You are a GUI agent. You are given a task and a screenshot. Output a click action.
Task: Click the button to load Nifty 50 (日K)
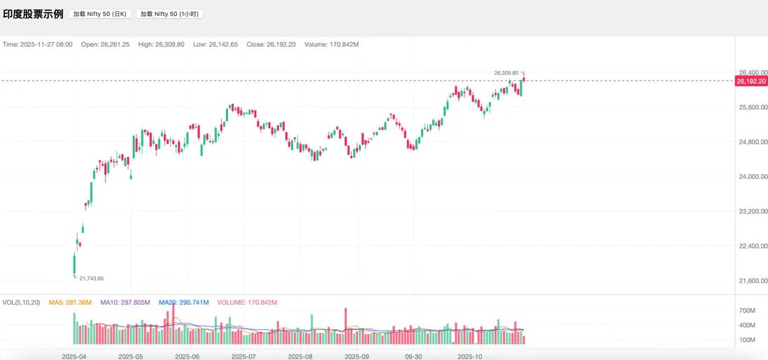pos(100,14)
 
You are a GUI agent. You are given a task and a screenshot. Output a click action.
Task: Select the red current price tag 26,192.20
pos(752,81)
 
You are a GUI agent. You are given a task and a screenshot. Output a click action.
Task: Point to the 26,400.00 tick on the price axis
pos(753,73)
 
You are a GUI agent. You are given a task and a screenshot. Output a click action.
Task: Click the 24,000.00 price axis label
pos(753,177)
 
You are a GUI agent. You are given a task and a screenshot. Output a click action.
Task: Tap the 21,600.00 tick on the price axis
pos(753,281)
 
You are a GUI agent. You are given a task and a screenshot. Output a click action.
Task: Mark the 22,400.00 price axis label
pos(753,246)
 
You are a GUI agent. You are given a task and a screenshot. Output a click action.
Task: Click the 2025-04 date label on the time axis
pos(73,356)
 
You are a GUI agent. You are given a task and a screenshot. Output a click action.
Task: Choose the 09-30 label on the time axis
pos(413,356)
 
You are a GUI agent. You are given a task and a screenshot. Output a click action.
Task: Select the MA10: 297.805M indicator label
pos(125,303)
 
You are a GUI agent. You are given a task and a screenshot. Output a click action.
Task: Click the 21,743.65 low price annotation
pos(92,278)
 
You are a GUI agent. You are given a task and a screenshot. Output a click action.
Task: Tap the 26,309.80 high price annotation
pos(506,73)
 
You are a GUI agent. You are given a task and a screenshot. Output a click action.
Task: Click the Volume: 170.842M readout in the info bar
pos(332,44)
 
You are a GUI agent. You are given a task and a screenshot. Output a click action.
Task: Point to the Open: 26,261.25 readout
pos(105,44)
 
